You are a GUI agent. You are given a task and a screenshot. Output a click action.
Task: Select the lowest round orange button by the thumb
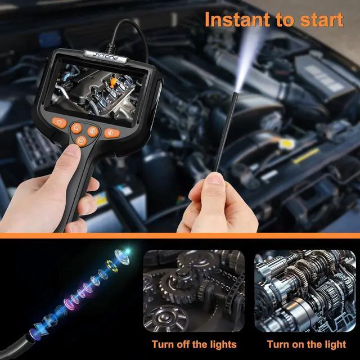[83, 140]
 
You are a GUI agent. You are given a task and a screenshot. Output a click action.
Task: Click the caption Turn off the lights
[193, 344]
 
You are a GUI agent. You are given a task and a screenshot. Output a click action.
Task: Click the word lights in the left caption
[222, 344]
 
